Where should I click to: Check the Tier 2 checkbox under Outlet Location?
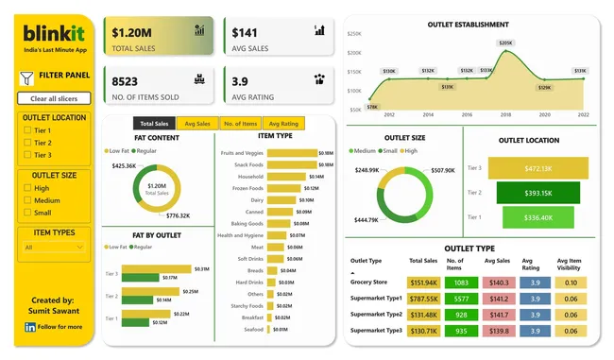point(27,143)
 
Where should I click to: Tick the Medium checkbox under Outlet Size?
point(27,200)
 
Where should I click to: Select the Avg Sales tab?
point(196,124)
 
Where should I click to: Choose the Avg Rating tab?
point(283,124)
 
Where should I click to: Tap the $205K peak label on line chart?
point(505,43)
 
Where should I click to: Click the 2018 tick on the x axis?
point(506,114)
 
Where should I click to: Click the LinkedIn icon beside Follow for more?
point(30,327)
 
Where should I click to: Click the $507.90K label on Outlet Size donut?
point(442,171)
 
